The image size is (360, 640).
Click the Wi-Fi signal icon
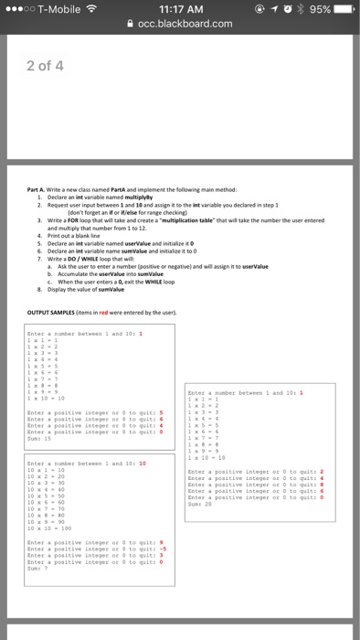click(x=92, y=9)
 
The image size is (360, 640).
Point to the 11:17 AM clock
click(x=181, y=9)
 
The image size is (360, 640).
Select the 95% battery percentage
click(x=319, y=9)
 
